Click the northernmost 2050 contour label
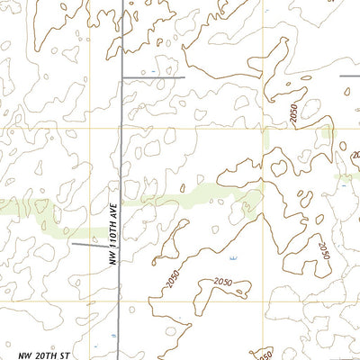tap(293, 114)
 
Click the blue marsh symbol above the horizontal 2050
tap(230, 258)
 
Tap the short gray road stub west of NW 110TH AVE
tap(88, 243)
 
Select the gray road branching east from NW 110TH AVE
tap(153, 77)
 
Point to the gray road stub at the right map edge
tap(351, 77)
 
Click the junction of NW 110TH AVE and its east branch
tap(121, 77)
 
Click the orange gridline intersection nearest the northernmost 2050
tap(263, 127)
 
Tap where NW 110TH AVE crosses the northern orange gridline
tap(121, 127)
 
